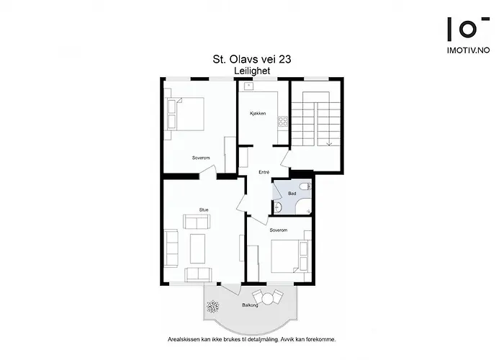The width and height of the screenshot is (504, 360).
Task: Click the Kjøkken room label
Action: [x=258, y=114]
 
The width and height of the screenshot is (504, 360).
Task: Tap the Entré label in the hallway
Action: [x=264, y=173]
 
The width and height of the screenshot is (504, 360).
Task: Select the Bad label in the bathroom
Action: [x=292, y=194]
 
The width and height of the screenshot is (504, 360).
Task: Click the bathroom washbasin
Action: [x=277, y=208]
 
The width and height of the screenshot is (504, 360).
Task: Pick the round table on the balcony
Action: [x=268, y=298]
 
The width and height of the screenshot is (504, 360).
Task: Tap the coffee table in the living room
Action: [x=197, y=248]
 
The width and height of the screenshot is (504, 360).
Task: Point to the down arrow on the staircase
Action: [x=328, y=143]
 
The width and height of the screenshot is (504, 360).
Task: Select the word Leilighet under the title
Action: [x=247, y=71]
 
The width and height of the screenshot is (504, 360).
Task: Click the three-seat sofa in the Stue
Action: [x=172, y=247]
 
